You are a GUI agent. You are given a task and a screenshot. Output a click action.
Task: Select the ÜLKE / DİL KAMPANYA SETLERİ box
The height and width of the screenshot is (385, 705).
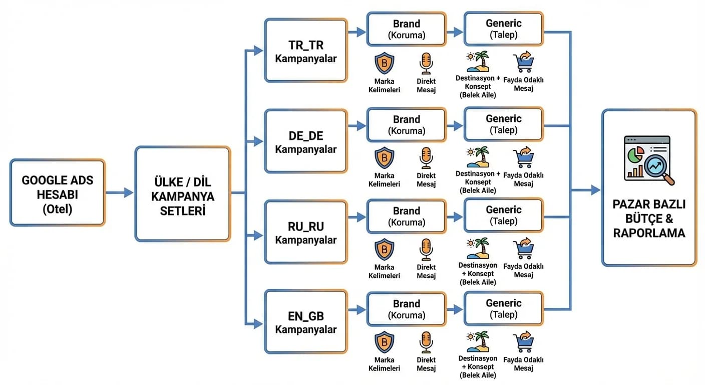183,194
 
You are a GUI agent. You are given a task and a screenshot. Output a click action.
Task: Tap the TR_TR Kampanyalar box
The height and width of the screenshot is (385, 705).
306,51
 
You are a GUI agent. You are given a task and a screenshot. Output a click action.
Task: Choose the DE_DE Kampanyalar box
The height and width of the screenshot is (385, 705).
306,142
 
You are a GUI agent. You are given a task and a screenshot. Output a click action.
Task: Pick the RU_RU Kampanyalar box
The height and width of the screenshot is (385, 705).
306,232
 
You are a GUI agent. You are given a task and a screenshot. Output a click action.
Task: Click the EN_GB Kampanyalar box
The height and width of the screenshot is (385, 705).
306,322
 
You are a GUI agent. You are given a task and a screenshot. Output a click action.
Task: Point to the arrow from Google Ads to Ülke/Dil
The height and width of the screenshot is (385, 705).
120,192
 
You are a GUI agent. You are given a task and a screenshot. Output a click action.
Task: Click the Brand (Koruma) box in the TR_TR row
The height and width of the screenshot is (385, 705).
406,30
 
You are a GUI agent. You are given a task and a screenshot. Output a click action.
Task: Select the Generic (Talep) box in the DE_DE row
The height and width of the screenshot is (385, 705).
503,124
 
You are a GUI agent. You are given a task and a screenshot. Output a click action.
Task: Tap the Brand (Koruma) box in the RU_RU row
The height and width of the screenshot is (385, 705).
406,217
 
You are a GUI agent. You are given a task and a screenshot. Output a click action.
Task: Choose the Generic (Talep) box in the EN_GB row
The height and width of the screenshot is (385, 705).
503,309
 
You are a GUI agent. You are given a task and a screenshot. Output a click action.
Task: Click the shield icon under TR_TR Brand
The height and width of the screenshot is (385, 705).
384,64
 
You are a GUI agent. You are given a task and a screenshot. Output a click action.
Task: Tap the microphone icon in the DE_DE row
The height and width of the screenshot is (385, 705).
426,157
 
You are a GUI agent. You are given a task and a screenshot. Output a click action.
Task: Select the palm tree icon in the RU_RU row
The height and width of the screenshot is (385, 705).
478,249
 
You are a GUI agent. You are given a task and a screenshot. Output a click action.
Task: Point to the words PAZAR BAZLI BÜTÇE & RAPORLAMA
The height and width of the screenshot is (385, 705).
649,219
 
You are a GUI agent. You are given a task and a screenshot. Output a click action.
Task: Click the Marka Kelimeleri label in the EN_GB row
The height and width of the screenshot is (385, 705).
384,364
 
